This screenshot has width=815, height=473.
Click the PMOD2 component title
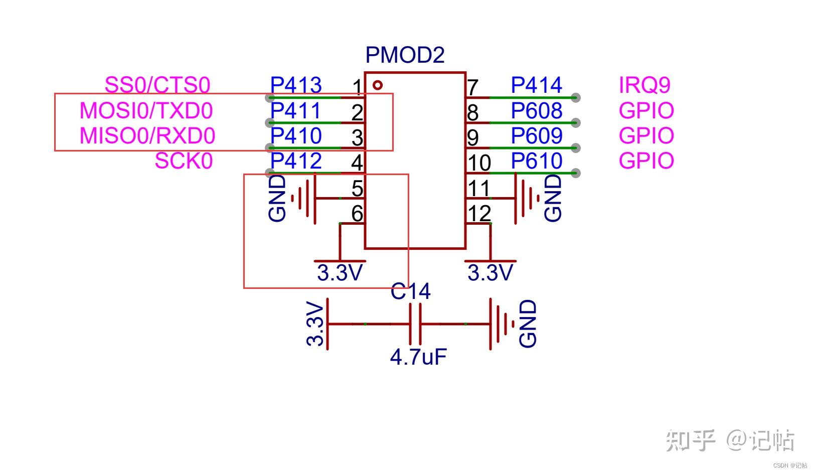tap(405, 55)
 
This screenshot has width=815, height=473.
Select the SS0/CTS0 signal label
tap(157, 85)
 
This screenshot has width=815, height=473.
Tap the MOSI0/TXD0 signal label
tap(146, 111)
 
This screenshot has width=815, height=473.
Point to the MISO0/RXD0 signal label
tap(147, 136)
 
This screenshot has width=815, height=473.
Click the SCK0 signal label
tap(184, 161)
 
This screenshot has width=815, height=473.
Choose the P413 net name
tap(296, 85)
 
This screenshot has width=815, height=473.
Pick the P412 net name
tap(296, 161)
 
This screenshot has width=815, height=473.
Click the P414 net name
tap(537, 85)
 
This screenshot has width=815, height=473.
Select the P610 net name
tap(537, 161)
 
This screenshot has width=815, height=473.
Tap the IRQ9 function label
tap(644, 85)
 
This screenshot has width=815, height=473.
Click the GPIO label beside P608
tap(646, 111)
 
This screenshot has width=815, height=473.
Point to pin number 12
tap(479, 214)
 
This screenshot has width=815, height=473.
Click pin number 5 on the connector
tap(357, 189)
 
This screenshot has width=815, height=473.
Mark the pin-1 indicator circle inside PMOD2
tap(378, 85)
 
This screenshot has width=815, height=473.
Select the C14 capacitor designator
tap(410, 291)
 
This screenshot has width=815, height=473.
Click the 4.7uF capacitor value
tap(418, 357)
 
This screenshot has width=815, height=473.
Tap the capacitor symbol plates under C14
tap(415, 324)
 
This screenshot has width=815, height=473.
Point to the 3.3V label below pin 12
tap(490, 273)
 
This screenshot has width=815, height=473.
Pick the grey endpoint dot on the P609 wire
tap(575, 148)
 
